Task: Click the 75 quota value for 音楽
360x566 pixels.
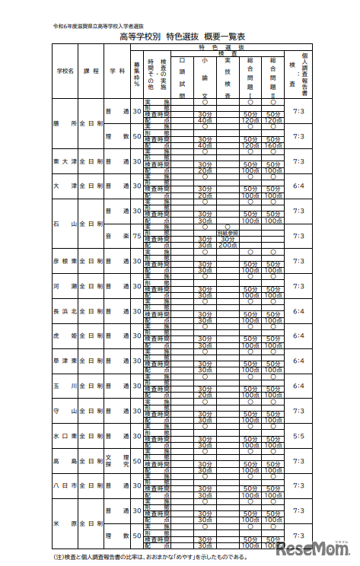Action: [x=136, y=236]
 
